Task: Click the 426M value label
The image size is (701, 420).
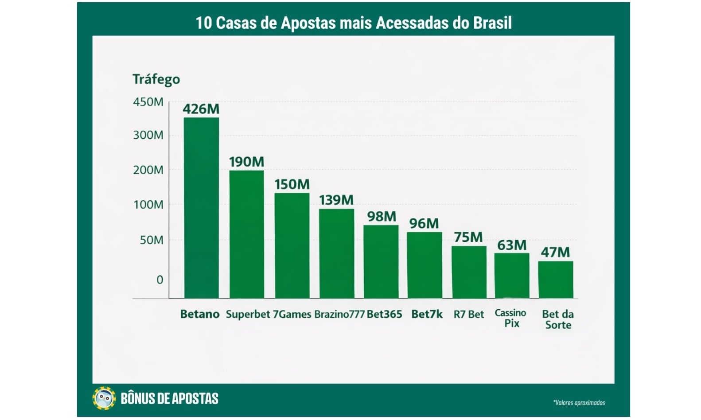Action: coord(201,109)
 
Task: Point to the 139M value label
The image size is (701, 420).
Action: coord(336,200)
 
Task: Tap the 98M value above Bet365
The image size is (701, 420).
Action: coord(381,216)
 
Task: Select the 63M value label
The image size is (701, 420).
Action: coord(511,245)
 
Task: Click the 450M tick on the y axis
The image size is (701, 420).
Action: coord(148,102)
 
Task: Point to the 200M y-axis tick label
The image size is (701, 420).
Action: coord(148,170)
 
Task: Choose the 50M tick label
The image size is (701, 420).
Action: coord(152,240)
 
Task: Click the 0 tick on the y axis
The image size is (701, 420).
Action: coord(160,280)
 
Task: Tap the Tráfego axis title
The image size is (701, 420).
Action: coord(156,79)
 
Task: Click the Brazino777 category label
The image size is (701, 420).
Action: coord(339,314)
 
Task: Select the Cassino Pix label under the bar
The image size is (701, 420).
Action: coord(510,318)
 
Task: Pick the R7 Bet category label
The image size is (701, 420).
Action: coord(468,315)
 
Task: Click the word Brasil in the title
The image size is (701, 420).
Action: coord(492,23)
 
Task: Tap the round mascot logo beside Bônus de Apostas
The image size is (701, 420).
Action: coord(104,398)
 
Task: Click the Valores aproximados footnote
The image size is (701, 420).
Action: coord(579,403)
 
